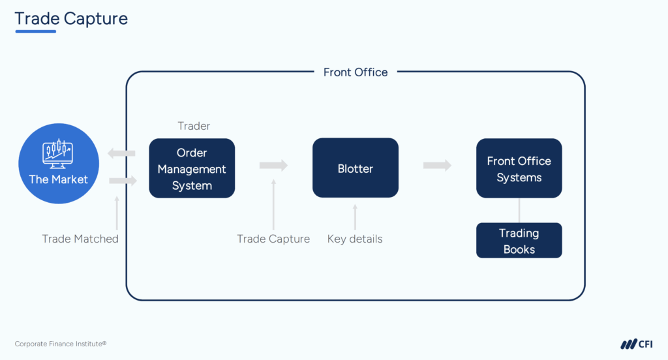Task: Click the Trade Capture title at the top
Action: (71, 18)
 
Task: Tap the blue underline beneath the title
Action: (44, 31)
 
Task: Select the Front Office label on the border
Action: (356, 72)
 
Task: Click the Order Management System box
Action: (192, 168)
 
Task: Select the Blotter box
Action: (356, 168)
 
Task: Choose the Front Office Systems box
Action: (519, 168)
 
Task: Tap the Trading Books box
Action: (519, 241)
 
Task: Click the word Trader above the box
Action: (194, 126)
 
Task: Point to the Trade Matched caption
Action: (80, 239)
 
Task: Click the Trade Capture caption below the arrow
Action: (273, 239)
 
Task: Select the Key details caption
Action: (355, 239)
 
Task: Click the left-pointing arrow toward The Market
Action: (121, 154)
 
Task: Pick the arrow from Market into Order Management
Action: (123, 180)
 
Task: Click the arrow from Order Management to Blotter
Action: (273, 166)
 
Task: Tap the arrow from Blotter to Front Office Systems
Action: (437, 166)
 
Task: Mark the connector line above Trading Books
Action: (519, 210)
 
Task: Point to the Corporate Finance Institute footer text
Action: (61, 344)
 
